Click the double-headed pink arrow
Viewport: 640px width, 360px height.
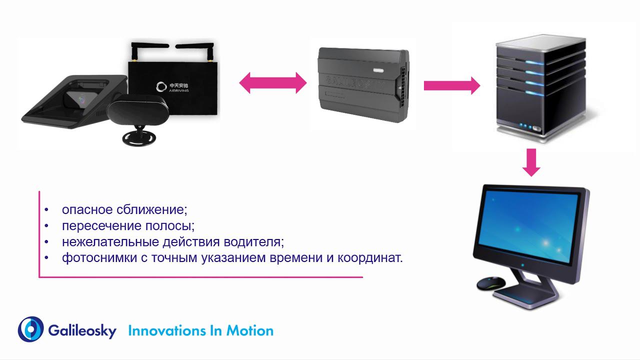pos(273,83)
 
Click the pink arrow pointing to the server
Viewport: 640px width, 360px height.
pos(451,85)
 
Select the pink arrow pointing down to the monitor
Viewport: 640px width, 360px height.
pos(531,162)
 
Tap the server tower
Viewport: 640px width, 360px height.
pos(541,88)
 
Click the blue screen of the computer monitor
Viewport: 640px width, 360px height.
pos(528,225)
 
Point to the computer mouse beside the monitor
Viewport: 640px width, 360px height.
pos(491,283)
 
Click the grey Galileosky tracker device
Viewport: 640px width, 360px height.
pos(363,85)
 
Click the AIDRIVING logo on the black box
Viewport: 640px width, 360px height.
pos(172,87)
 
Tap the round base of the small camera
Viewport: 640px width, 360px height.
pos(139,138)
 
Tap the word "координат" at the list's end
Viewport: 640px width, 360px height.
pos(368,258)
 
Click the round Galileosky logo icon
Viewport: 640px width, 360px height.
pos(31,329)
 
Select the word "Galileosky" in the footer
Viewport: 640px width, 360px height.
pos(82,331)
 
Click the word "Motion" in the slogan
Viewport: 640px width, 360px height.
pos(250,331)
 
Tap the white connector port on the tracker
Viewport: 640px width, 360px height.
pos(377,69)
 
